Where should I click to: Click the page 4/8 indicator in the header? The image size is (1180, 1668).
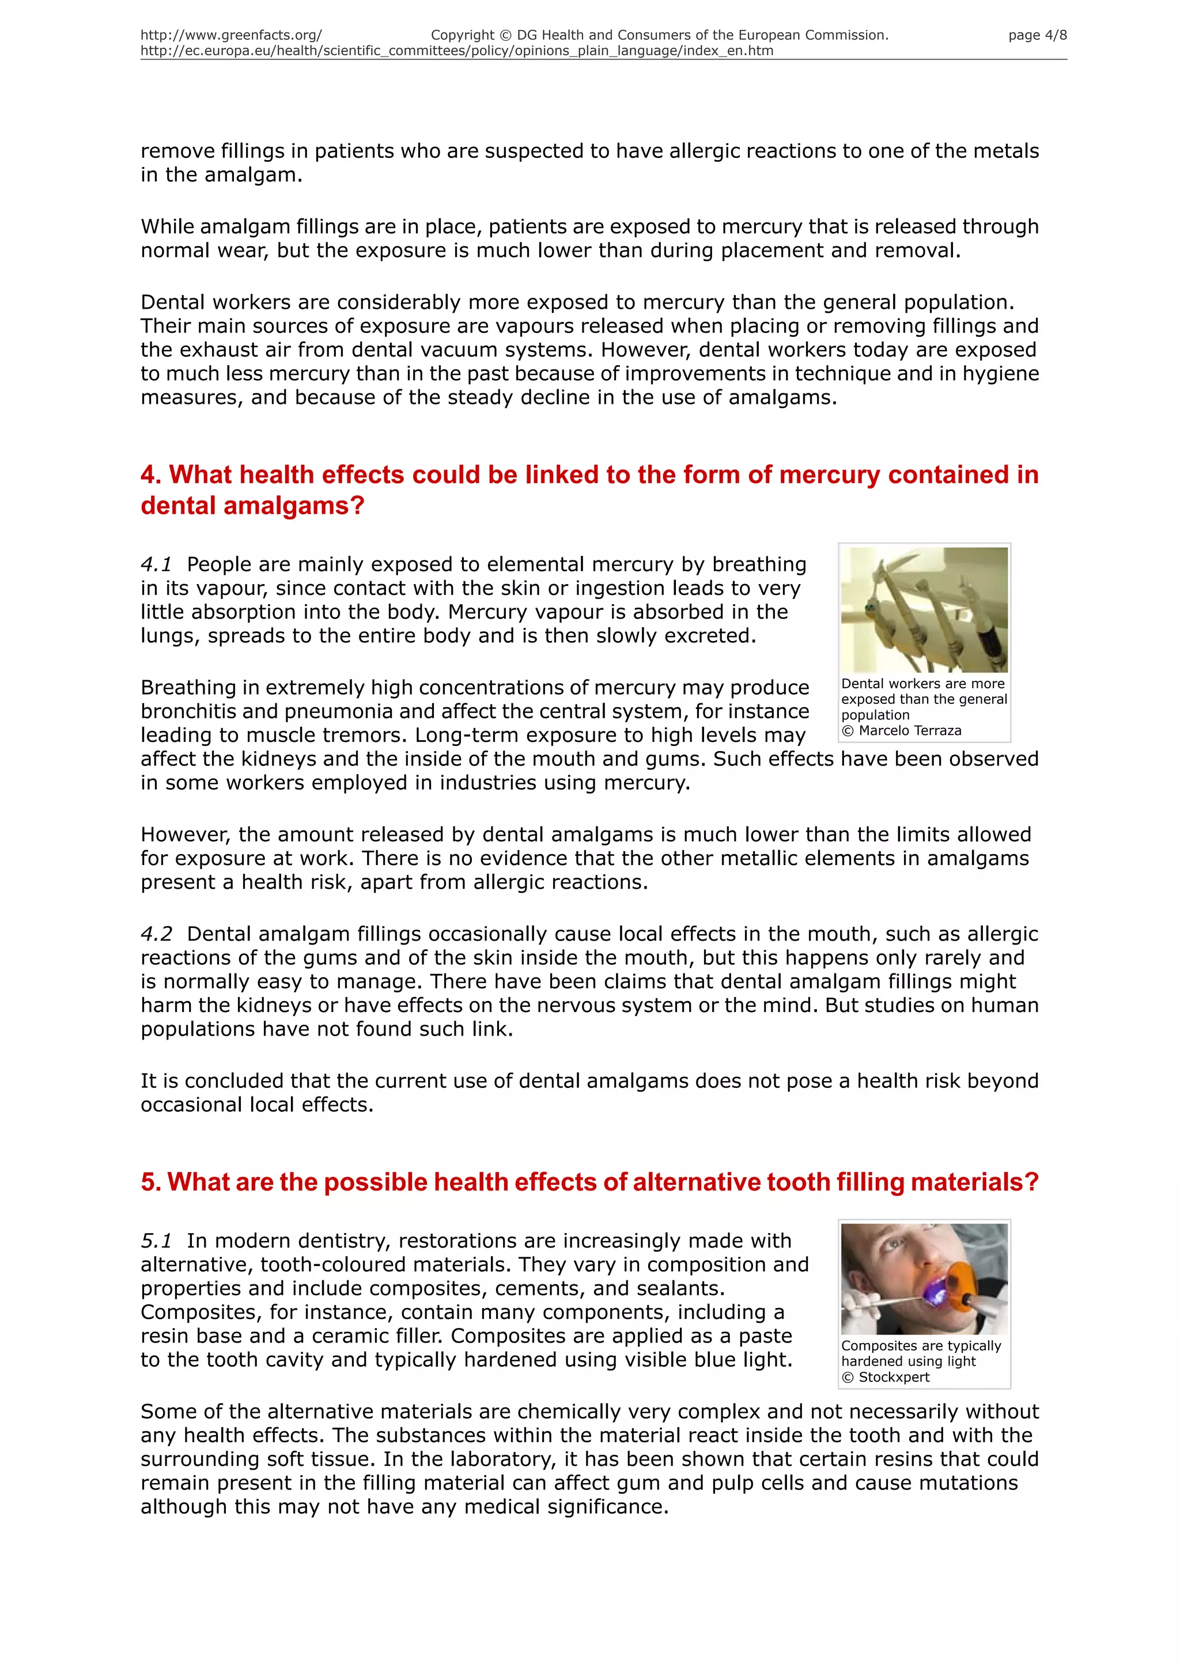(1037, 36)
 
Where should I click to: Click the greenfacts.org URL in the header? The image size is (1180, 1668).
(231, 36)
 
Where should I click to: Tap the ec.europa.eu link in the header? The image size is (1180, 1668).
(456, 51)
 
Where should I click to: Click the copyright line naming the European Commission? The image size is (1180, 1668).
(659, 36)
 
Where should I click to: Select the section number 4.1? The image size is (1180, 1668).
(156, 564)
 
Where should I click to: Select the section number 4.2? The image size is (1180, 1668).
(156, 934)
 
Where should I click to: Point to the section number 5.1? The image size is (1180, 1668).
(156, 1240)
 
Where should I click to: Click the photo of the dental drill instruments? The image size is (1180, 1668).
(924, 609)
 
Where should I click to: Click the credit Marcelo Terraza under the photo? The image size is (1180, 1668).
(909, 731)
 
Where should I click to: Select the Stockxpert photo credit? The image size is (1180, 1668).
(894, 1377)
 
